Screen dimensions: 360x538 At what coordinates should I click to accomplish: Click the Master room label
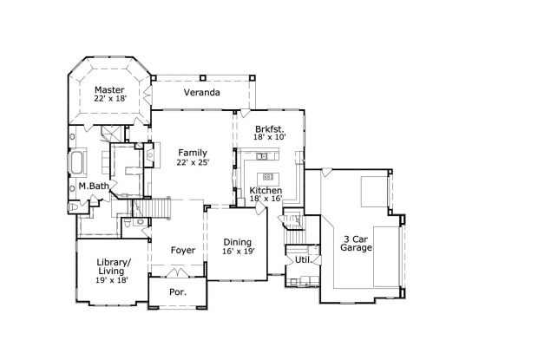[x=109, y=89]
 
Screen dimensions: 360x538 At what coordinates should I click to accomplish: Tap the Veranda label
[x=200, y=92]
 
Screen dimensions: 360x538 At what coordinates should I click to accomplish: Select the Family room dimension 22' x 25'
[x=192, y=162]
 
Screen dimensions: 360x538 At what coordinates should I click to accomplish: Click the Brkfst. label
[x=268, y=127]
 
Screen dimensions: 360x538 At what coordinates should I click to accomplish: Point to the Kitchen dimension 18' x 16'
[x=266, y=199]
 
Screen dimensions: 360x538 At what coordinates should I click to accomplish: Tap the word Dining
[x=237, y=242]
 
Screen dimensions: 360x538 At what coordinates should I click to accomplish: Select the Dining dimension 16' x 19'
[x=237, y=252]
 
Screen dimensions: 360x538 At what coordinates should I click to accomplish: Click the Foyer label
[x=182, y=251]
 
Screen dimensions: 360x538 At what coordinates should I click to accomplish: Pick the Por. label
[x=178, y=292]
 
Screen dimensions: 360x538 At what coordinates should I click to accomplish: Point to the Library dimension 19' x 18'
[x=111, y=281]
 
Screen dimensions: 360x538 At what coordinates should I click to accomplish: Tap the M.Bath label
[x=92, y=186]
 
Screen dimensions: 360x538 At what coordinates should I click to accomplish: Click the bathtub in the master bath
[x=76, y=162]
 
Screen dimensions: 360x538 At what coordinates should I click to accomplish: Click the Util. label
[x=303, y=259]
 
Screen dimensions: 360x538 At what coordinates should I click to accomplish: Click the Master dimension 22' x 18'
[x=109, y=100]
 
